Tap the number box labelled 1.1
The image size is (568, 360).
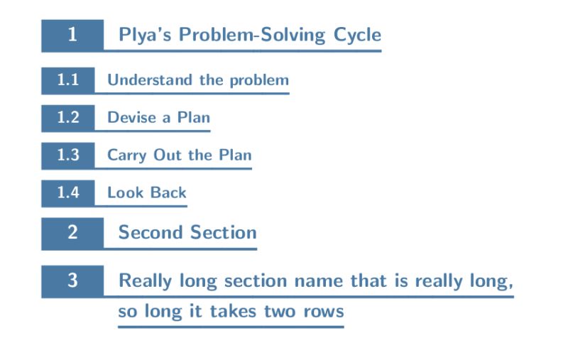coord(67,80)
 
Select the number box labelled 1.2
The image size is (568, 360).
coord(67,118)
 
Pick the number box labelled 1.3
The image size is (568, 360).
coord(67,156)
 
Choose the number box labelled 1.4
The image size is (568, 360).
coord(67,192)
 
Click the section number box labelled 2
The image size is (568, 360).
coord(72,233)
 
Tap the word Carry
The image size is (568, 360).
coord(127,155)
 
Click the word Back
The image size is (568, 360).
coord(168,192)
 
